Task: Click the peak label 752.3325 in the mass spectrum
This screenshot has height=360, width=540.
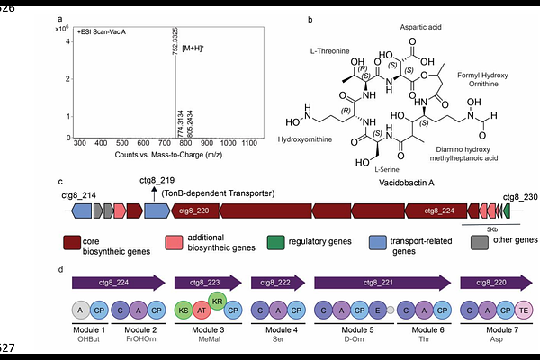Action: (175, 40)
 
